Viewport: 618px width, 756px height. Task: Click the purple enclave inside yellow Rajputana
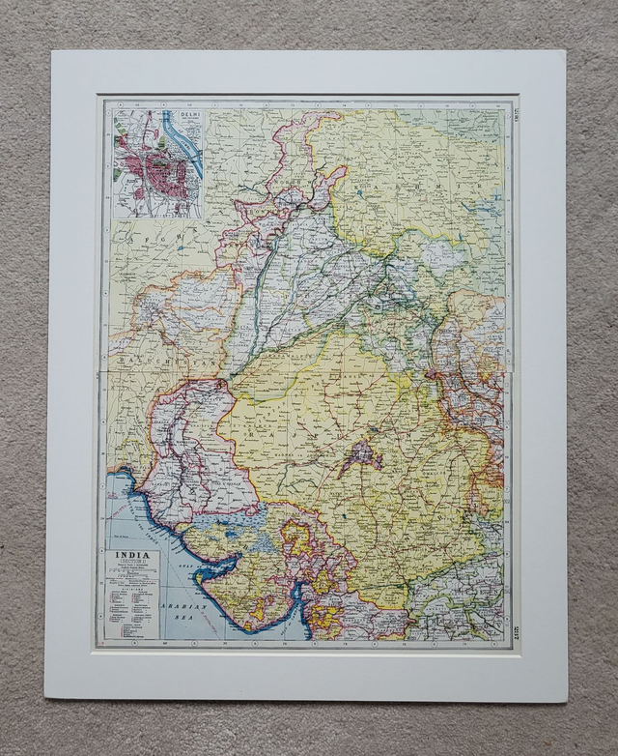click(x=359, y=455)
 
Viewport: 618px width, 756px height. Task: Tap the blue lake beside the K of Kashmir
click(x=360, y=192)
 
